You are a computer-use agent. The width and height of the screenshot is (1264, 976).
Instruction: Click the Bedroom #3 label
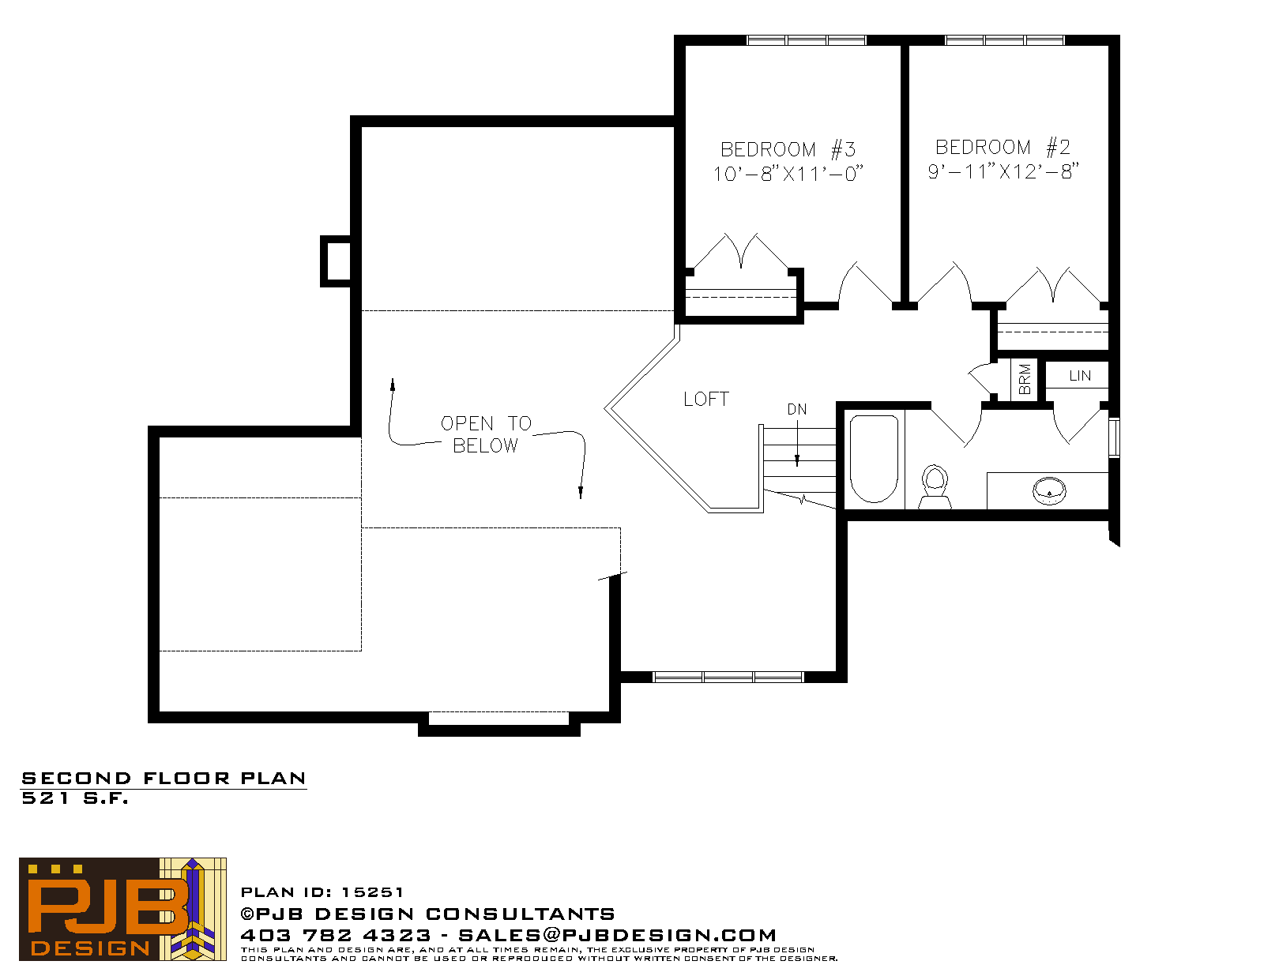pyautogui.click(x=788, y=149)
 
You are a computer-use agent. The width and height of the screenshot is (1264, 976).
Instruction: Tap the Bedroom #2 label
pyautogui.click(x=1003, y=147)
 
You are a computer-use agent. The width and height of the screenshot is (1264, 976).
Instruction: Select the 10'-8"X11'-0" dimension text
pyautogui.click(x=788, y=174)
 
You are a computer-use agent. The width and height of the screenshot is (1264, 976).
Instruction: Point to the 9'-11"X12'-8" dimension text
pyautogui.click(x=1003, y=171)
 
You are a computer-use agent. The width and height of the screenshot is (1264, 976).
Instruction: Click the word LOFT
pyautogui.click(x=706, y=400)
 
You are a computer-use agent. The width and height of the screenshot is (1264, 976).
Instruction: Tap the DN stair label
pyautogui.click(x=797, y=409)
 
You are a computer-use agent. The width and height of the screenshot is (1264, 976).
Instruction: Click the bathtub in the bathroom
pyautogui.click(x=874, y=459)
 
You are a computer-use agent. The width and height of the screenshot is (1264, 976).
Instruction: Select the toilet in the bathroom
pyautogui.click(x=935, y=487)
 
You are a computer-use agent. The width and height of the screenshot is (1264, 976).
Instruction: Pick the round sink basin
pyautogui.click(x=1049, y=490)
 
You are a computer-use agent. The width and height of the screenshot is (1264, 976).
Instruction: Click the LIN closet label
pyautogui.click(x=1080, y=376)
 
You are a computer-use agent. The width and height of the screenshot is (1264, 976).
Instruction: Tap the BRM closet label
pyautogui.click(x=1025, y=379)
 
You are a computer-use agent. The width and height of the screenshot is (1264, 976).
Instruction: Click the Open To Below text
pyautogui.click(x=486, y=434)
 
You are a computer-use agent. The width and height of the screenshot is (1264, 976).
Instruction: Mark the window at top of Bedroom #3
pyautogui.click(x=807, y=40)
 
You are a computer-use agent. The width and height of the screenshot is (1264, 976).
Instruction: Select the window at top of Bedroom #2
pyautogui.click(x=1005, y=40)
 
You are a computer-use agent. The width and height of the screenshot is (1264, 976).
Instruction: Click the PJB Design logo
pyautogui.click(x=122, y=909)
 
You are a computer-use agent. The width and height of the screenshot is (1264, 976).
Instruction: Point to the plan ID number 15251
pyautogui.click(x=372, y=892)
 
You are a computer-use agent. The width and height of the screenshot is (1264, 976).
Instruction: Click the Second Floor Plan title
pyautogui.click(x=164, y=779)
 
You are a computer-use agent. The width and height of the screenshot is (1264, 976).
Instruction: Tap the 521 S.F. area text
pyautogui.click(x=75, y=798)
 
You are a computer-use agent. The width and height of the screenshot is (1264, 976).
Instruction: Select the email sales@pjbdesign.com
pyautogui.click(x=618, y=935)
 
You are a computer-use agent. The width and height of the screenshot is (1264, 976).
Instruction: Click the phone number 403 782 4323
pyautogui.click(x=336, y=935)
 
